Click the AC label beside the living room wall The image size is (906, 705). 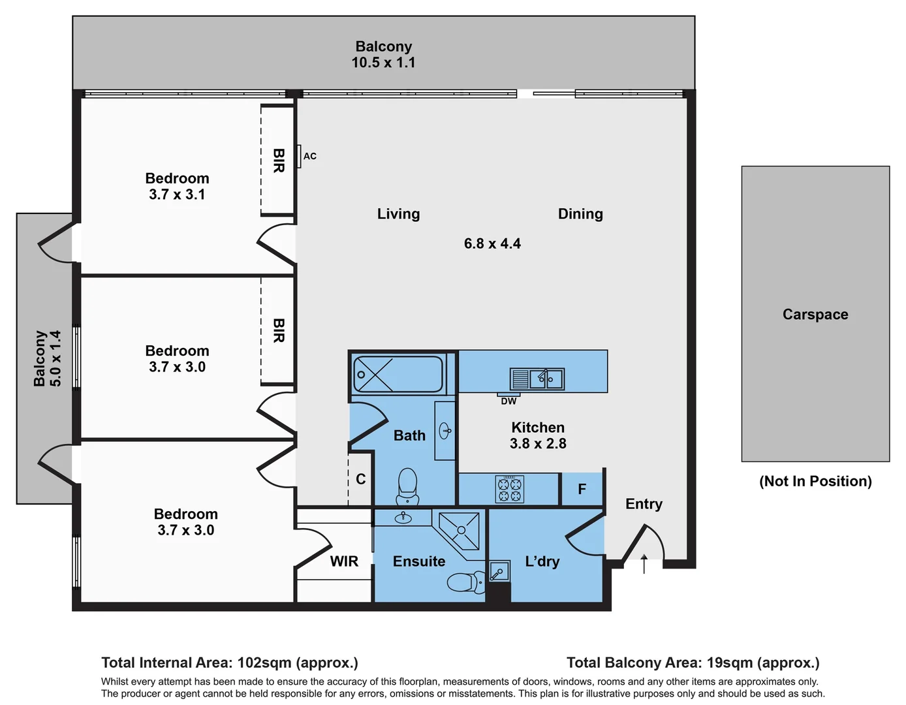pyautogui.click(x=310, y=157)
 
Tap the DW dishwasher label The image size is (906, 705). pyautogui.click(x=508, y=401)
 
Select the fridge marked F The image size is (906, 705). pyautogui.click(x=582, y=489)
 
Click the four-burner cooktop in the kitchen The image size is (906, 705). pyautogui.click(x=510, y=489)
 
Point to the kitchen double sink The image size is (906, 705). pyautogui.click(x=537, y=379)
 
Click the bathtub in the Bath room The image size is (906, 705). pyautogui.click(x=398, y=374)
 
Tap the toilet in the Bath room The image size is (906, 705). pyautogui.click(x=407, y=486)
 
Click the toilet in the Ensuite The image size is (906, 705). pyautogui.click(x=465, y=582)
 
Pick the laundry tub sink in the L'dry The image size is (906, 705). pyautogui.click(x=499, y=571)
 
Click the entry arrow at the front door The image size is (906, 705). pyautogui.click(x=644, y=563)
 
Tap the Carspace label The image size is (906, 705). pyautogui.click(x=815, y=315)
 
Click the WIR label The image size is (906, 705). pyautogui.click(x=344, y=561)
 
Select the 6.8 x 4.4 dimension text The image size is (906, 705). pyautogui.click(x=492, y=243)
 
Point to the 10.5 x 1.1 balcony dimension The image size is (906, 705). pyautogui.click(x=383, y=63)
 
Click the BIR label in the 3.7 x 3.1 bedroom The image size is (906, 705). pyautogui.click(x=279, y=161)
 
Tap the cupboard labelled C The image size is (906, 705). pyautogui.click(x=361, y=479)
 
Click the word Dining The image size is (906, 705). pyautogui.click(x=580, y=214)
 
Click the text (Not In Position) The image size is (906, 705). pyautogui.click(x=815, y=482)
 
